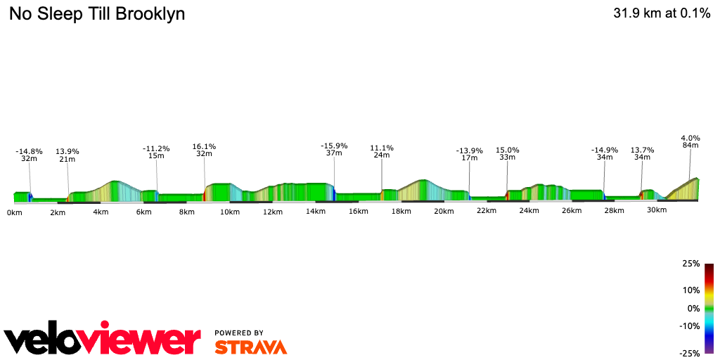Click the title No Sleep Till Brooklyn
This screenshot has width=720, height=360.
click(97, 14)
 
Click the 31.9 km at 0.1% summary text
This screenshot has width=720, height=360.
click(662, 13)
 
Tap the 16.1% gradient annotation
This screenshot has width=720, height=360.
click(204, 147)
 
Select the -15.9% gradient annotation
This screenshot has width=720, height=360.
click(334, 146)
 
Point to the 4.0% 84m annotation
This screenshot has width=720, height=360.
click(690, 139)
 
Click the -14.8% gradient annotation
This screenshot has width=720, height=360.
click(30, 151)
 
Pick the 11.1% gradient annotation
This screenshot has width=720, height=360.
click(382, 148)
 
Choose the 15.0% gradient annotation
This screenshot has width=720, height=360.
click(507, 150)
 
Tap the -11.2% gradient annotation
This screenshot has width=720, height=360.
click(156, 149)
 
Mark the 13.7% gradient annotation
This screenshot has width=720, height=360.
click(642, 150)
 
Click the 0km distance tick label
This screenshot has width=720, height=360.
click(14, 212)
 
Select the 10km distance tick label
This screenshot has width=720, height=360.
click(230, 212)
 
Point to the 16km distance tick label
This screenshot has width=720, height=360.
click(358, 212)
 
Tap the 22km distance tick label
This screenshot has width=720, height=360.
click(486, 212)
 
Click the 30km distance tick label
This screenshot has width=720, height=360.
click(656, 210)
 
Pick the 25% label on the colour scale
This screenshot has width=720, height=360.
click(691, 264)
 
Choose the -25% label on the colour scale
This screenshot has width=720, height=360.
click(690, 354)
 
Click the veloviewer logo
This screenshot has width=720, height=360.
click(103, 340)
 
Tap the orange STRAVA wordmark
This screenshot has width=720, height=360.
click(250, 347)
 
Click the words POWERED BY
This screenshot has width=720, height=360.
click(239, 333)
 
